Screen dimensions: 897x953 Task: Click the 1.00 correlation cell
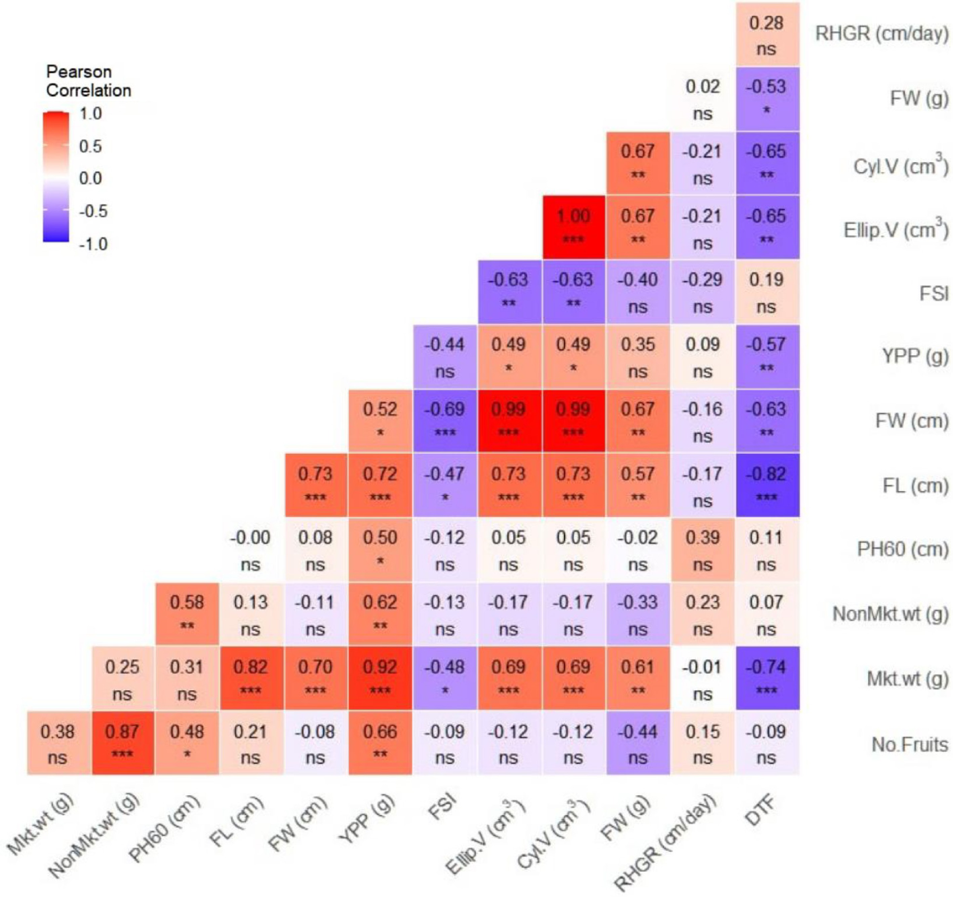click(573, 227)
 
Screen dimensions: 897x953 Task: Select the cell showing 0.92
click(380, 678)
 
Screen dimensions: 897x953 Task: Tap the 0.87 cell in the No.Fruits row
click(123, 743)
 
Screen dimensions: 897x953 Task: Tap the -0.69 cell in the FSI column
click(445, 421)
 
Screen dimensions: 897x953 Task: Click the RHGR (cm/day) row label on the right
click(881, 34)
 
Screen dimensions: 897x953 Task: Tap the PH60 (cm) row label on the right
click(902, 549)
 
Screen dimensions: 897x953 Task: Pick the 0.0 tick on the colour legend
click(90, 178)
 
